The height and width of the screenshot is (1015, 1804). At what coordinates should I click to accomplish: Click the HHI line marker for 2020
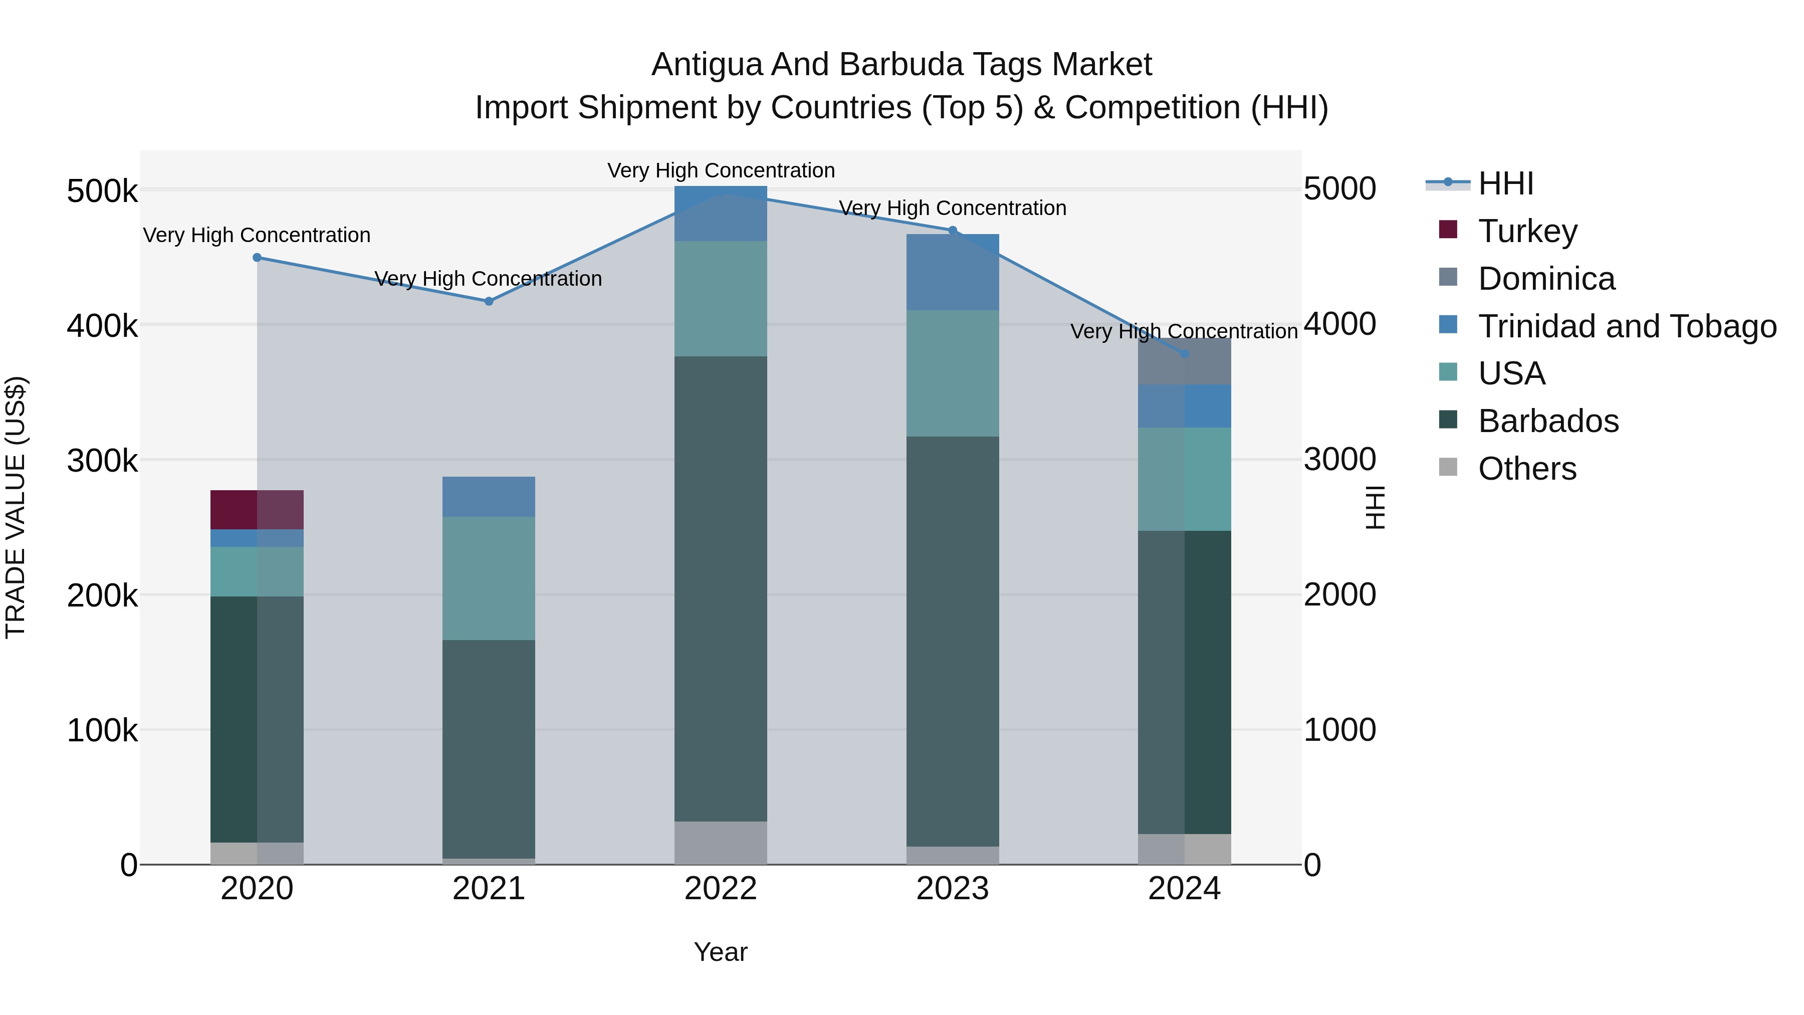coord(257,258)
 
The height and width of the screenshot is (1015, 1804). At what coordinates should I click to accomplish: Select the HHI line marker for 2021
coord(489,301)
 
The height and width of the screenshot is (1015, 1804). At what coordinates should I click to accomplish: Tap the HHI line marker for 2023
coord(953,231)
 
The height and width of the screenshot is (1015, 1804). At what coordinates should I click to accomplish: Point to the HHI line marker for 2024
coord(1184,354)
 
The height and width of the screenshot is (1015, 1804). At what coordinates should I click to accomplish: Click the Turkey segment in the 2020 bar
coord(257,509)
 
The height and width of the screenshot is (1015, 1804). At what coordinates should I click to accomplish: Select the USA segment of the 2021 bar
coord(489,578)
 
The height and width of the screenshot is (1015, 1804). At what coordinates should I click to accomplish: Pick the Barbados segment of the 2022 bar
coord(721,588)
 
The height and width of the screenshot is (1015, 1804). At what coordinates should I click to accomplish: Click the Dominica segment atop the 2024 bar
coord(1184,361)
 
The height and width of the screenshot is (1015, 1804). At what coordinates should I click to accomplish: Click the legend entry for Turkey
coord(1527,231)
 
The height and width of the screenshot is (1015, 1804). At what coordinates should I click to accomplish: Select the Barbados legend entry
coord(1548,421)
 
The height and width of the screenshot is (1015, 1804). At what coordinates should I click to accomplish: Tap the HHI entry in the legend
coord(1506,183)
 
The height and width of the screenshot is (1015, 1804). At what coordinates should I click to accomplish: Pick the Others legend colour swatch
coord(1448,467)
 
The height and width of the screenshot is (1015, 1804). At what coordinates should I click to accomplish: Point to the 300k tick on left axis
coord(102,460)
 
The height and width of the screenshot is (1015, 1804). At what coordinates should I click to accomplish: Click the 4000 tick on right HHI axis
coord(1339,324)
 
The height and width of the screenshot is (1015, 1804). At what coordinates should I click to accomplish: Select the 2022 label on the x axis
coord(721,889)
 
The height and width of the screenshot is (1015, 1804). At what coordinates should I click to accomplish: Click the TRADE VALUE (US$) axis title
coord(16,507)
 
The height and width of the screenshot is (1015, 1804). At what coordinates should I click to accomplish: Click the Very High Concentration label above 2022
coord(721,170)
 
